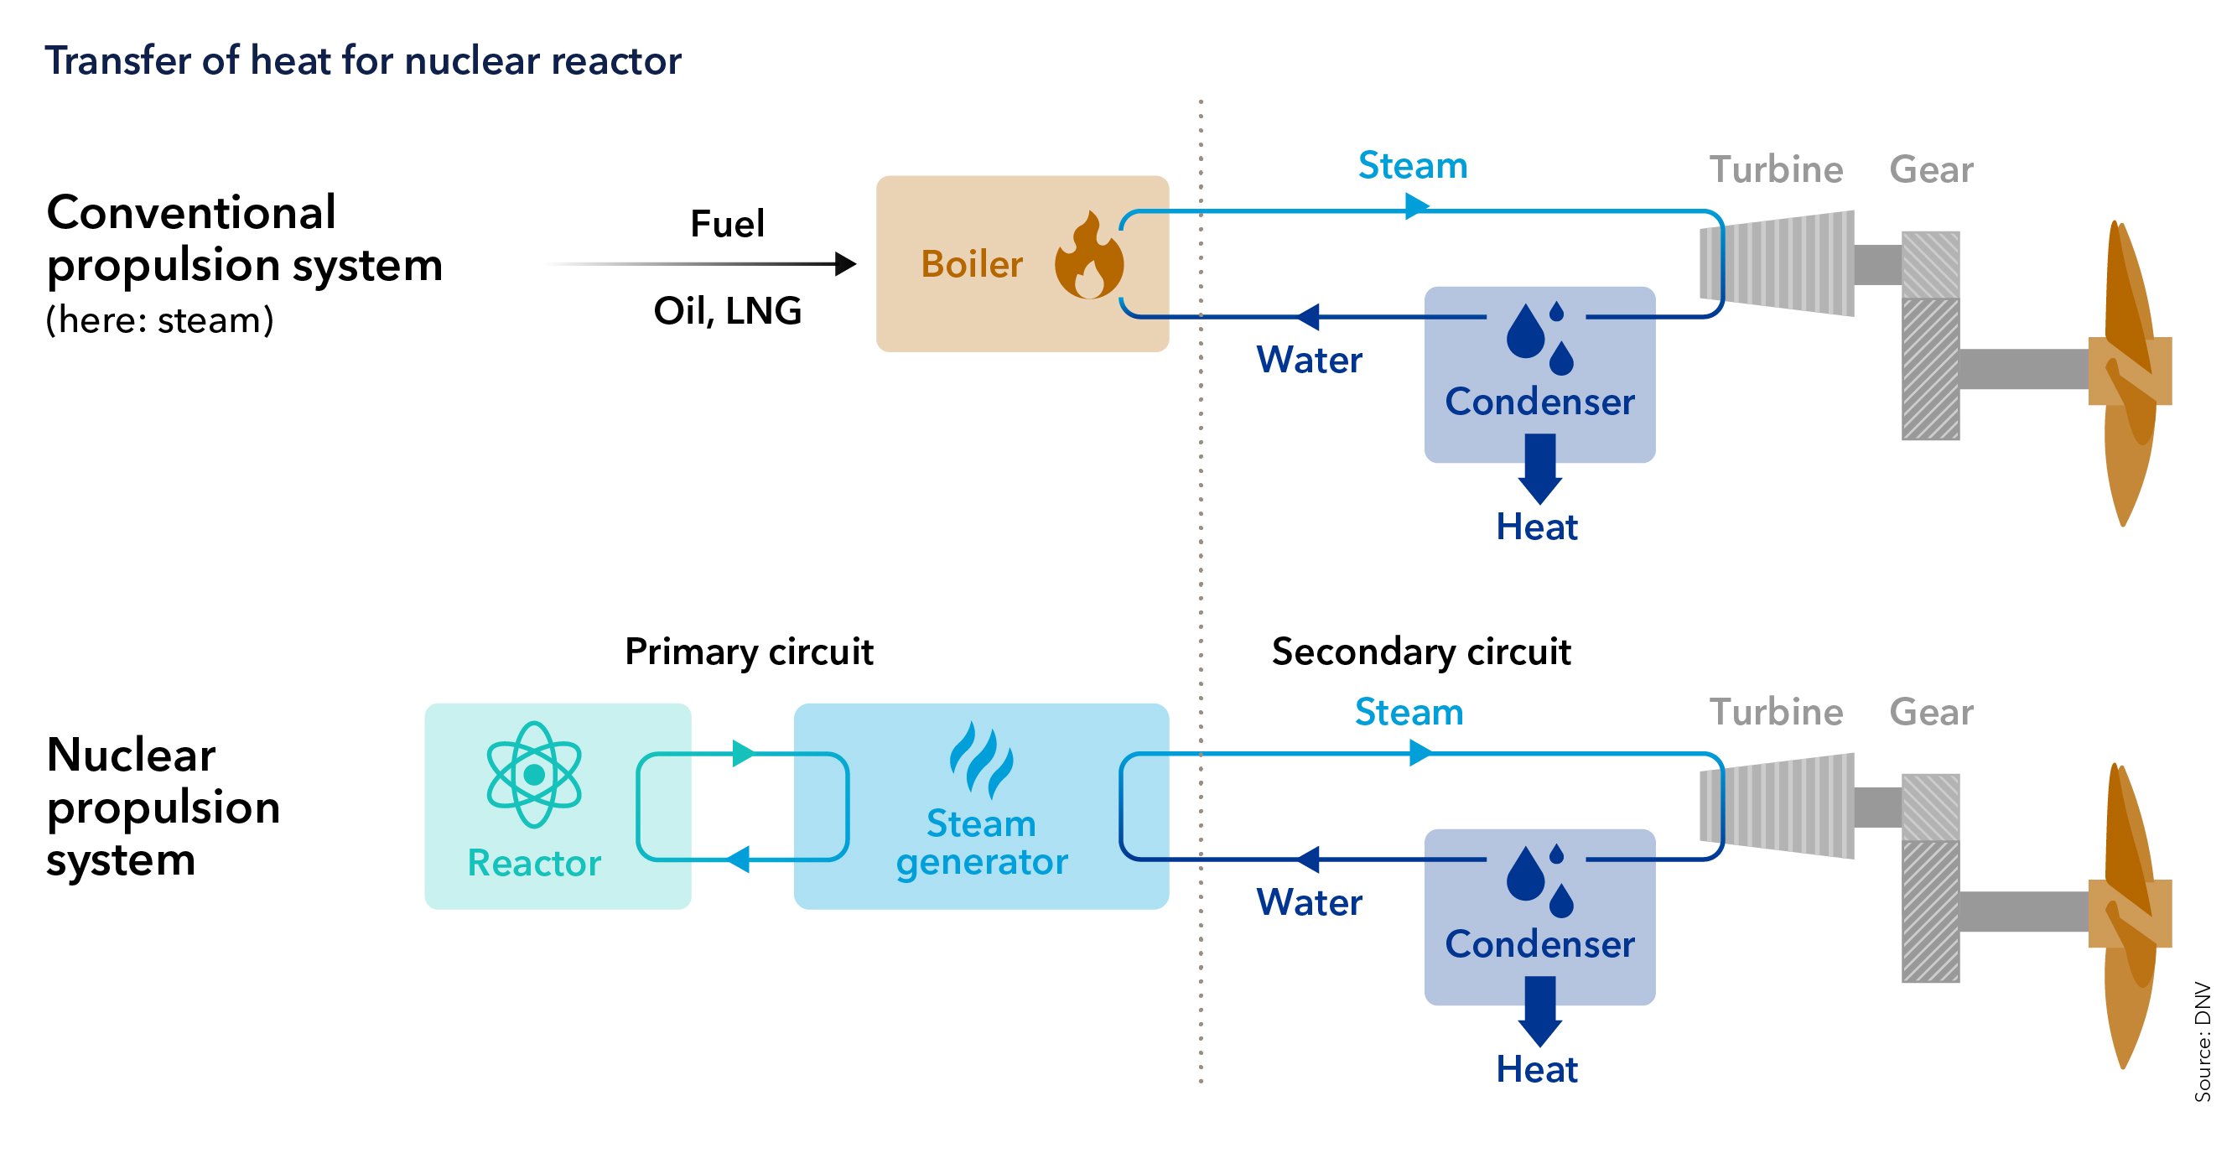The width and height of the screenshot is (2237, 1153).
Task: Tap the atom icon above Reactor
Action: click(x=534, y=775)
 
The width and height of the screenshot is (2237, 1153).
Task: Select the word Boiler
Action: click(x=972, y=264)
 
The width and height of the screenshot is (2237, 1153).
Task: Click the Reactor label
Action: click(x=534, y=863)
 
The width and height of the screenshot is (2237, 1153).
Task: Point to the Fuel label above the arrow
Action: click(x=727, y=224)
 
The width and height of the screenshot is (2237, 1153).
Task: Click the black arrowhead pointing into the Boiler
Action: click(x=844, y=264)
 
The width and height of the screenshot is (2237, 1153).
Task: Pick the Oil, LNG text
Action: click(x=727, y=311)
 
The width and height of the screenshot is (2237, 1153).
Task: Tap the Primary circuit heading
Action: click(x=749, y=652)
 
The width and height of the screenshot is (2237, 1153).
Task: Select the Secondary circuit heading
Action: click(x=1420, y=652)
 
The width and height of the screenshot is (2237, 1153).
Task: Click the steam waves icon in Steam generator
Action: click(x=980, y=760)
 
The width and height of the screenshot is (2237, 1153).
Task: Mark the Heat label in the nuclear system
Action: click(x=1536, y=1069)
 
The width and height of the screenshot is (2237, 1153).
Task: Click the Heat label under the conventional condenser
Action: click(x=1536, y=527)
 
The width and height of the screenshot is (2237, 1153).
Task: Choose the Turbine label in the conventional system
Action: click(x=1776, y=169)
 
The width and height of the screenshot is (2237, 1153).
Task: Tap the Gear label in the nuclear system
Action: click(x=1930, y=712)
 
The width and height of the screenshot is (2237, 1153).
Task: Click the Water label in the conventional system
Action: click(x=1309, y=360)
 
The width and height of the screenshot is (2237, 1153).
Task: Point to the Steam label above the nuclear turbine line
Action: click(x=1409, y=712)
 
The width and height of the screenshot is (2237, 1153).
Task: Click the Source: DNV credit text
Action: click(x=2203, y=1041)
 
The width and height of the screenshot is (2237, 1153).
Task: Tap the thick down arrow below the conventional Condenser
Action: click(x=1539, y=469)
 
